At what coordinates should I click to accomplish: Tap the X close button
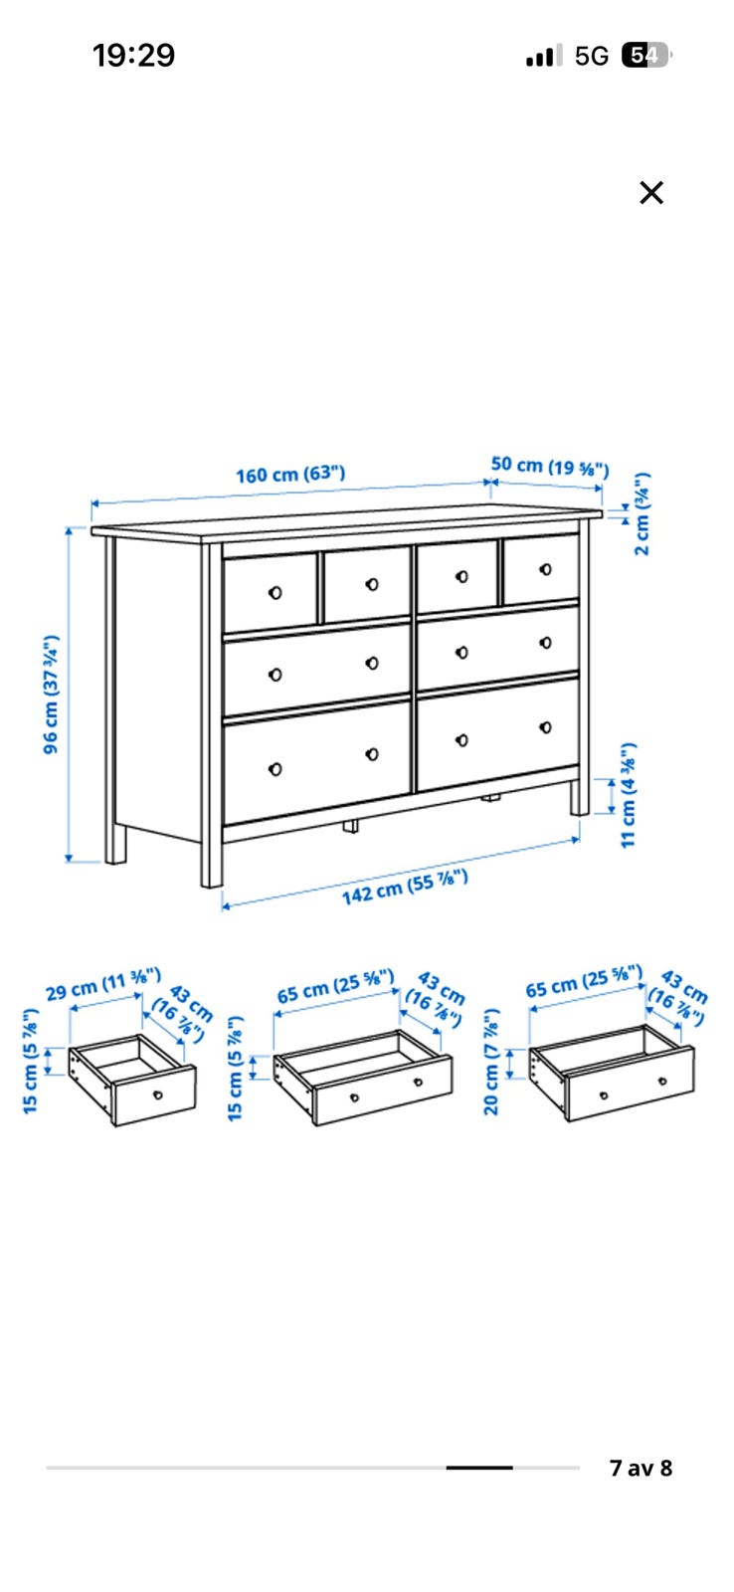point(650,193)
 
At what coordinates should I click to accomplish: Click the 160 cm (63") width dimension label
point(290,474)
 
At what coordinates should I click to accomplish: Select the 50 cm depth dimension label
point(550,467)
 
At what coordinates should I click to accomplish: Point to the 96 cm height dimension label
point(51,695)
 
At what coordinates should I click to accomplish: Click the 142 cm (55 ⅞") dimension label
point(405,888)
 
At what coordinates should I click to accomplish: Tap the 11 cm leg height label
point(629,795)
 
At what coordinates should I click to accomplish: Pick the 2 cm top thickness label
point(642,513)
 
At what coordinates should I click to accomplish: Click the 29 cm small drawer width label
point(103,984)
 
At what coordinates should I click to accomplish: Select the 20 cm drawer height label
point(491,1061)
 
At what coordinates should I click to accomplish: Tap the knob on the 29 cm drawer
point(158,1094)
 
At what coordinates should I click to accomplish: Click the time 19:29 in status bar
point(133,56)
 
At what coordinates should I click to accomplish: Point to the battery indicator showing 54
point(645,55)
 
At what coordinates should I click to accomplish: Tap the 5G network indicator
point(591,56)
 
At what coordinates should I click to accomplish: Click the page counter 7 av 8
point(641,1468)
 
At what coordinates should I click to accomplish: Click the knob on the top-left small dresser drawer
point(275,592)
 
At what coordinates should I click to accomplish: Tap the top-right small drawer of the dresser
point(541,570)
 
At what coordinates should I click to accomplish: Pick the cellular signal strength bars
point(544,55)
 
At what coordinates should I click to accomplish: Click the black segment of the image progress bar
point(479,1468)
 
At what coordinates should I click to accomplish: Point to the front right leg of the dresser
point(580,797)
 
